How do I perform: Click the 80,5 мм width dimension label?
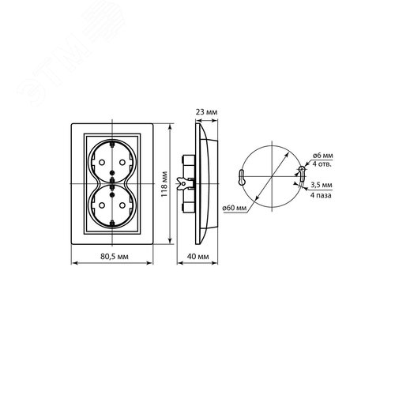[x=115, y=256]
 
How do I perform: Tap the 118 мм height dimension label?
[x=164, y=184]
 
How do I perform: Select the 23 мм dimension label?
[x=206, y=112]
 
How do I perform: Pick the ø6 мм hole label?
[x=322, y=156]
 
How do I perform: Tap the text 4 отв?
[x=322, y=164]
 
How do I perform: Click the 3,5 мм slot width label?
[x=322, y=185]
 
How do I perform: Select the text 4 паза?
[x=321, y=195]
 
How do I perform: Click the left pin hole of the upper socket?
[x=101, y=163]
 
